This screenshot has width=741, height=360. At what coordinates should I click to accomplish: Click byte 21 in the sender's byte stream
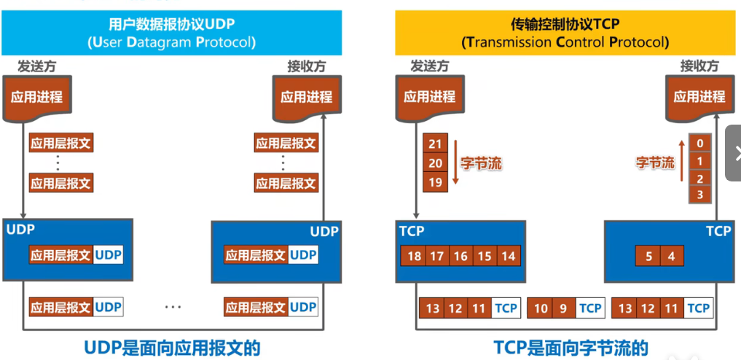(x=435, y=144)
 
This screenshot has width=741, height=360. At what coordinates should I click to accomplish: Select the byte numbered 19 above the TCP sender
(x=435, y=182)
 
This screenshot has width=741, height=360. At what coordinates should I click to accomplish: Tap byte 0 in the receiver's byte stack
(x=699, y=144)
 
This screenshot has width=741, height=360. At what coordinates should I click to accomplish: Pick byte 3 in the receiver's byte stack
(x=699, y=195)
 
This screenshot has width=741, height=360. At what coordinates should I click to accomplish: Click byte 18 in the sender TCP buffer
(x=415, y=256)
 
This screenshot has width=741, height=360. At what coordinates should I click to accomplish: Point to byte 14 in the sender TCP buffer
(x=508, y=256)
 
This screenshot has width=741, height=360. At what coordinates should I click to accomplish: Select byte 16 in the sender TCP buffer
(x=460, y=256)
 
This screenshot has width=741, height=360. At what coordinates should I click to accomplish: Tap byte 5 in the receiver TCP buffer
(x=649, y=256)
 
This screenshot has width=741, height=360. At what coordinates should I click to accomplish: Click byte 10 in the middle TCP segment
(x=541, y=308)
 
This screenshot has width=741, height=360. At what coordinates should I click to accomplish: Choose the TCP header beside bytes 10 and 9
(x=590, y=308)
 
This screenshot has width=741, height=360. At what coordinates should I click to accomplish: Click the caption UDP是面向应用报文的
(x=173, y=347)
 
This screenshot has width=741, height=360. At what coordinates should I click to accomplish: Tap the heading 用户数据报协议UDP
(x=171, y=25)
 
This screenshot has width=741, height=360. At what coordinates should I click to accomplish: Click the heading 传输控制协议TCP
(x=565, y=25)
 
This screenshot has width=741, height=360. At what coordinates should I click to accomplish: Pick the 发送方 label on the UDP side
(x=36, y=66)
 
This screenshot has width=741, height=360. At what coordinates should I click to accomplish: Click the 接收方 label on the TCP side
(x=699, y=66)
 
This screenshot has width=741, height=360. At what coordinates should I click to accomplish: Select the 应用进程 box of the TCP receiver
(x=699, y=96)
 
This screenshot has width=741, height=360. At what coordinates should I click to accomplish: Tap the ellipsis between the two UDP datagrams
(x=173, y=308)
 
